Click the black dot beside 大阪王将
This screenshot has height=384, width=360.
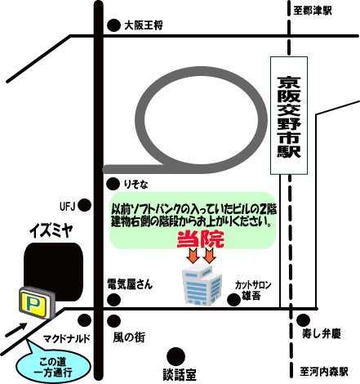pyautogui.click(x=113, y=25)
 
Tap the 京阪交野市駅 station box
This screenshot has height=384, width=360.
pyautogui.click(x=289, y=115)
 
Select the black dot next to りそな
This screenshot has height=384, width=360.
pyautogui.click(x=113, y=184)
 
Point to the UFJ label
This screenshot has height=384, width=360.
pyautogui.click(x=67, y=207)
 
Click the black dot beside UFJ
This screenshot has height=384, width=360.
pyautogui.click(x=85, y=205)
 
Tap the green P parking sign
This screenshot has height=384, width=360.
pyautogui.click(x=37, y=302)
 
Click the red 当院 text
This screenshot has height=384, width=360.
pyautogui.click(x=201, y=239)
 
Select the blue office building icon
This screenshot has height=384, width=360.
pyautogui.click(x=202, y=284)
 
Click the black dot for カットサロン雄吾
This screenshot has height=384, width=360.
pyautogui.click(x=233, y=299)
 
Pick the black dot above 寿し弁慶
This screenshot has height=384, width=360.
pyautogui.click(x=303, y=320)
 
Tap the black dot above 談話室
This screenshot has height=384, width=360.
pyautogui.click(x=176, y=356)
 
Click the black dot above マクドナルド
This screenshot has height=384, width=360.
pyautogui.click(x=85, y=320)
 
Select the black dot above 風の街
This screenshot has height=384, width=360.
pyautogui.click(x=113, y=321)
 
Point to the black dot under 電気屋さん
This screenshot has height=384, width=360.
pyautogui.click(x=113, y=300)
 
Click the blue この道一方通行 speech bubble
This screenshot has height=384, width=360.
pyautogui.click(x=52, y=365)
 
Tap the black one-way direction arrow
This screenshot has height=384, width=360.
pyautogui.click(x=16, y=330)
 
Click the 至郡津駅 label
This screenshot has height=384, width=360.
pyautogui.click(x=313, y=11)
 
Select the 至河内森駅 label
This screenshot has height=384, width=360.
pyautogui.click(x=324, y=372)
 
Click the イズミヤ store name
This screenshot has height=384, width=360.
pyautogui.click(x=51, y=230)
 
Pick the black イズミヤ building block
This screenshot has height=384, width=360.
pyautogui.click(x=53, y=272)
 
